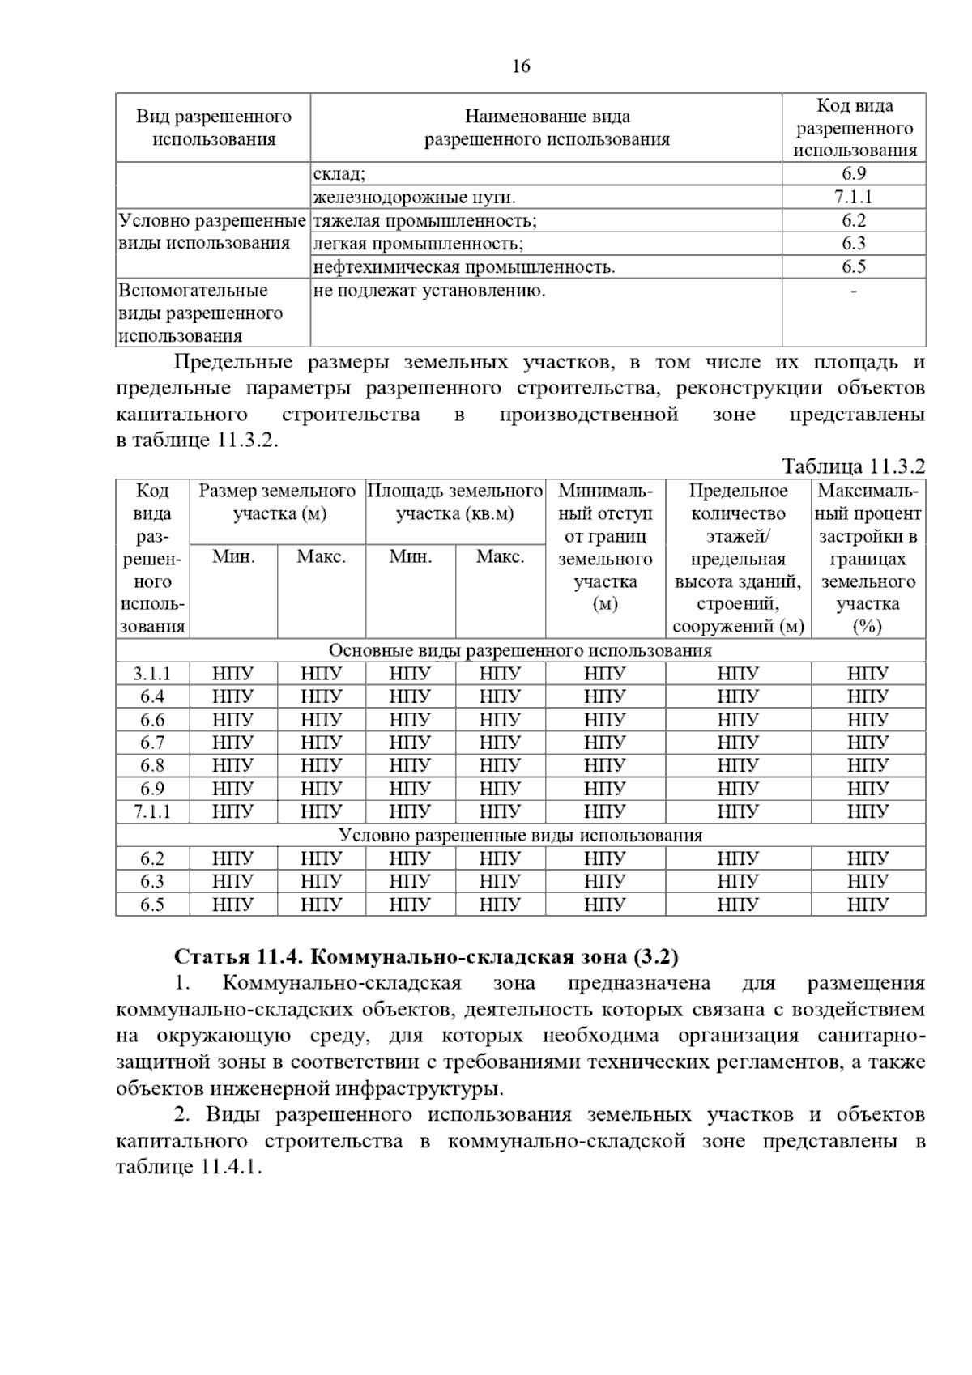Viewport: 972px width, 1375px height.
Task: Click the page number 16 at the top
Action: click(x=521, y=66)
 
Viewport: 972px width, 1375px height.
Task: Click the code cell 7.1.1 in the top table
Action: click(x=853, y=197)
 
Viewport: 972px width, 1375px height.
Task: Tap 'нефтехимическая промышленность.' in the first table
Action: click(x=463, y=267)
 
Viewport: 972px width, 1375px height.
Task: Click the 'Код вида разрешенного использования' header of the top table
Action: click(x=854, y=128)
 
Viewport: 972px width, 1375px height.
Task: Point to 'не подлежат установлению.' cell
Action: click(x=428, y=291)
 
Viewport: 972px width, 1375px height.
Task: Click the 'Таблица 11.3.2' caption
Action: click(x=853, y=466)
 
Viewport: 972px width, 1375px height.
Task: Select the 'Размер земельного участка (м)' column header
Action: click(x=277, y=502)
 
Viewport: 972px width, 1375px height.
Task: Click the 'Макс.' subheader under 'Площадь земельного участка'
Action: click(x=500, y=557)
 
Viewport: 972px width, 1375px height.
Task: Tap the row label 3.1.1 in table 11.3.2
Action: click(x=152, y=674)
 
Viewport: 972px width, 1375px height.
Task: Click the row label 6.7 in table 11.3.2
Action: click(x=152, y=743)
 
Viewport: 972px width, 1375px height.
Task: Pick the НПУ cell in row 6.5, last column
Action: click(x=868, y=905)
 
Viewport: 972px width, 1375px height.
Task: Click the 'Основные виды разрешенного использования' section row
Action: click(x=520, y=651)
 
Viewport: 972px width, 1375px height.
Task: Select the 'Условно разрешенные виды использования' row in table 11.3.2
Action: click(x=520, y=836)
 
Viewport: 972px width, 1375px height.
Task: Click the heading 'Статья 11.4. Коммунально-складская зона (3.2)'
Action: click(x=426, y=956)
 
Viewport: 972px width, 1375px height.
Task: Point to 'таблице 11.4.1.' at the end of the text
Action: click(x=190, y=1168)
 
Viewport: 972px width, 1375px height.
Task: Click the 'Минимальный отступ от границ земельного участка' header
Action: click(x=605, y=547)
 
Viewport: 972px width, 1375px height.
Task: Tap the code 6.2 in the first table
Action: click(x=853, y=220)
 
